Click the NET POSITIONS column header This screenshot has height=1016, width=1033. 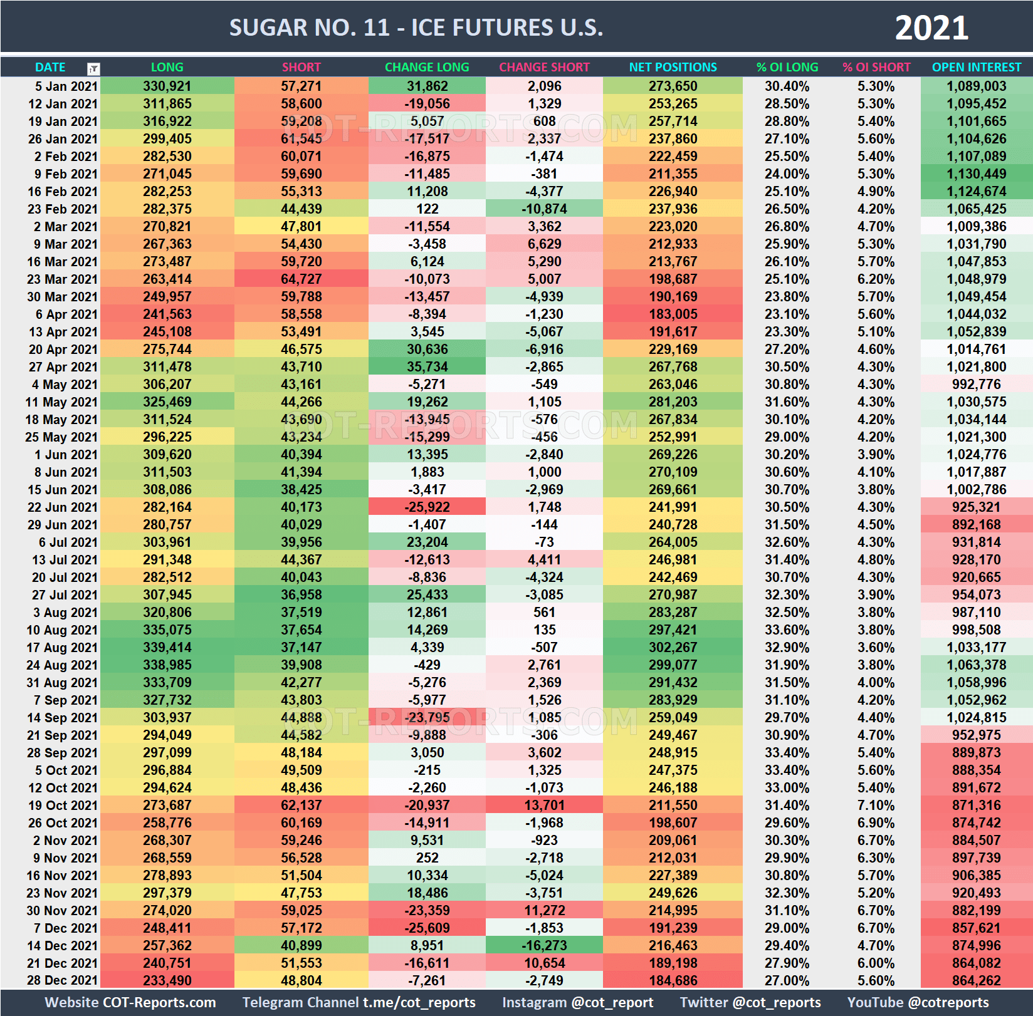[673, 67]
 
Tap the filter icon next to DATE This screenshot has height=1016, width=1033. [93, 68]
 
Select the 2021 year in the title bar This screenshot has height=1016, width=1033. [931, 28]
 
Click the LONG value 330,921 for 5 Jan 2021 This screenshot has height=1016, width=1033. [167, 86]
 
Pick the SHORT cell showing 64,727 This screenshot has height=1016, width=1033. [301, 279]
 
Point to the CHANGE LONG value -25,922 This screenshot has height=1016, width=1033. [427, 507]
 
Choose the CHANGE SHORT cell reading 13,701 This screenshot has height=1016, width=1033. [544, 806]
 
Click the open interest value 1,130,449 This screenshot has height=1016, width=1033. [976, 174]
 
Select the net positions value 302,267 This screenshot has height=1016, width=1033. [673, 648]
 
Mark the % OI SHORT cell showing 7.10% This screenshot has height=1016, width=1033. [876, 806]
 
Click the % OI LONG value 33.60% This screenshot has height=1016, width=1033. [787, 630]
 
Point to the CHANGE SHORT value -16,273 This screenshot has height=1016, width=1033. [544, 946]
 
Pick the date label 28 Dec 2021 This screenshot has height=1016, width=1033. [62, 981]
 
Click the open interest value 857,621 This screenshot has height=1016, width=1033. [976, 928]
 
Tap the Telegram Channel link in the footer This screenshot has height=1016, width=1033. [359, 1002]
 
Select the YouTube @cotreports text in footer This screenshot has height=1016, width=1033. [918, 1002]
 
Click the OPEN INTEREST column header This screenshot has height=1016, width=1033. [976, 67]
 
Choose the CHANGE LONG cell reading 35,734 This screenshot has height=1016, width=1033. [427, 367]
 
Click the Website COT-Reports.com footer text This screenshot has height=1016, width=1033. [130, 1002]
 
